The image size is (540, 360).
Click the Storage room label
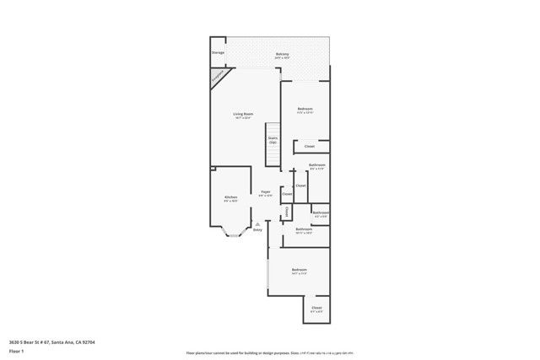218,52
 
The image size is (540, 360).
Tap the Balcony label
282,54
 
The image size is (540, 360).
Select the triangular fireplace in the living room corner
219,78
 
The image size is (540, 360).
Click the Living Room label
244,114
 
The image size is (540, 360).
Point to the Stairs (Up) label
273,140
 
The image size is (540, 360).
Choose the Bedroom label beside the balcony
305,110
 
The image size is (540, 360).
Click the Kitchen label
230,196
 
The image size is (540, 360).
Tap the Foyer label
265,192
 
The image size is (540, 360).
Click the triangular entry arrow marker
258,223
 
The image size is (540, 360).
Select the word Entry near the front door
258,229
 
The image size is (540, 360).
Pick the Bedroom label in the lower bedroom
299,270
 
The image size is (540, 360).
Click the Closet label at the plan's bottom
316,308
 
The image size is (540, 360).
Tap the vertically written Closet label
287,211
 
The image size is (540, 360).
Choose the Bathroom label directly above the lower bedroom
304,229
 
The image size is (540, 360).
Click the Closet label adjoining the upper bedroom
310,147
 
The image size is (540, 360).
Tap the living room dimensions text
244,118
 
